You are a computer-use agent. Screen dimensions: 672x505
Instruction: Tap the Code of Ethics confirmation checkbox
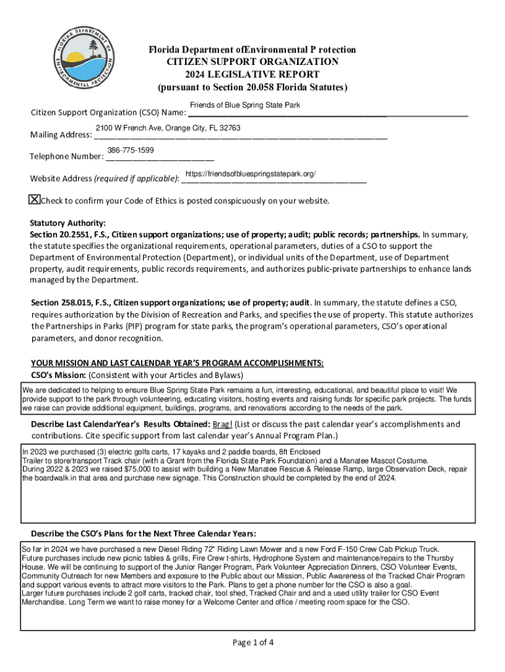tap(35, 199)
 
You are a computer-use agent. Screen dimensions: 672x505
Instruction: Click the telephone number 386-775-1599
tap(131, 151)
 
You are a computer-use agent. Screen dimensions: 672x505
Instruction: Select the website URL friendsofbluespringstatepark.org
tap(251, 173)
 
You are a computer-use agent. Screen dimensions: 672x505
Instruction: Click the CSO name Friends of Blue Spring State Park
tap(245, 106)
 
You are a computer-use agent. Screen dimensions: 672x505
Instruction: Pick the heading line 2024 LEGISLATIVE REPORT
tap(252, 74)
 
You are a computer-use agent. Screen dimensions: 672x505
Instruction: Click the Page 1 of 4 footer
tap(253, 642)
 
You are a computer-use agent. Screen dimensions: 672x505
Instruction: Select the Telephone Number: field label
tap(66, 157)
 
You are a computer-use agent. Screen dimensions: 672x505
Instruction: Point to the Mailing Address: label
tap(61, 135)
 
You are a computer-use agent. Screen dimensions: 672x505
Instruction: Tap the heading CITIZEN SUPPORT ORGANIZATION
tap(252, 62)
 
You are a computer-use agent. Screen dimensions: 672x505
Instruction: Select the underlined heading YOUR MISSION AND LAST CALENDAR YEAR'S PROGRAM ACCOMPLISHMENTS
tap(177, 364)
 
